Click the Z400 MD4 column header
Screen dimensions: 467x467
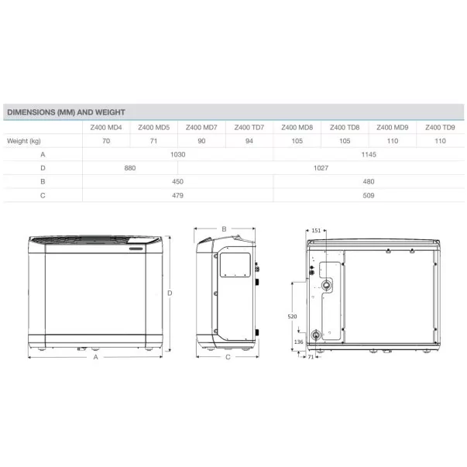106,128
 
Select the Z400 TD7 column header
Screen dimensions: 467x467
249,128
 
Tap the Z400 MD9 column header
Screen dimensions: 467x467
392,128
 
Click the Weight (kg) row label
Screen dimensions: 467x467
24,141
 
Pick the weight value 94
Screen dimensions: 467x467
249,141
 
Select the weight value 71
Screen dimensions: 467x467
153,141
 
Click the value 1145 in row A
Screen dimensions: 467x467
369,155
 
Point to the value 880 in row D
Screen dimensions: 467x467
130,168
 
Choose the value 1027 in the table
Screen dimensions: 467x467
321,168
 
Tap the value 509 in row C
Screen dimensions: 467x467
369,195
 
